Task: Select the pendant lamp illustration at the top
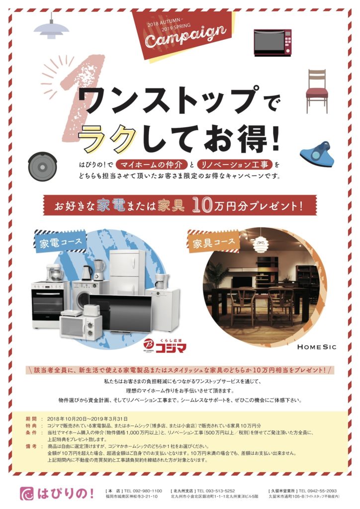coord(51,29)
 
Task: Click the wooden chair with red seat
coord(317,91)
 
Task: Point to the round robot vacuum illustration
coord(43,167)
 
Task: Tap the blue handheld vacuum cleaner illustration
coord(317,154)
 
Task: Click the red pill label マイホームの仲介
coord(152,165)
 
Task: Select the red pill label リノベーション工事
coord(234,165)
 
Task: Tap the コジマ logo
coord(165,346)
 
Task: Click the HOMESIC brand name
coord(317,347)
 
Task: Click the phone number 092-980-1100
coord(148,491)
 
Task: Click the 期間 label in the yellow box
coord(31,419)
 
